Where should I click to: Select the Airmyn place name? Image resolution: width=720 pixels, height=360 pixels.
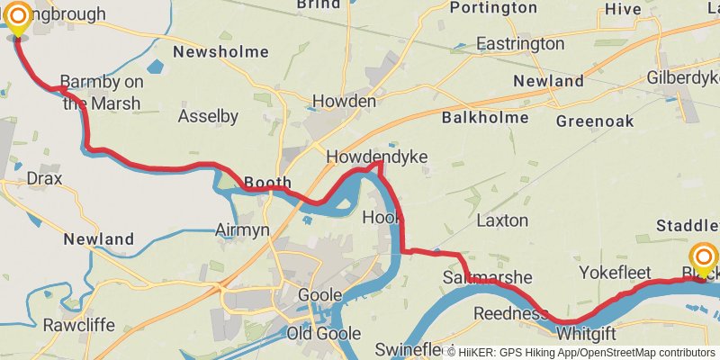pos(242,230)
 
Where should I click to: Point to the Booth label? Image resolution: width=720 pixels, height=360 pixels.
pos(267,182)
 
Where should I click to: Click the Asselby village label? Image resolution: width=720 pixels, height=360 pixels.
pos(208,116)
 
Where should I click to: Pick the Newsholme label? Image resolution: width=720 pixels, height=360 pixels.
pos(220,52)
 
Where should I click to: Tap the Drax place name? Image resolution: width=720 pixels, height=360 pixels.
pos(45,178)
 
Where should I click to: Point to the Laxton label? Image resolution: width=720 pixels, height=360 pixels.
pos(502,220)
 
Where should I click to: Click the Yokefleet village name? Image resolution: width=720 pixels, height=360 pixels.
pos(613,271)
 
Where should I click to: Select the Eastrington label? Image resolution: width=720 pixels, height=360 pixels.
pos(520,43)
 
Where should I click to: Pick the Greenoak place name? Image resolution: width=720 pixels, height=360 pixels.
pos(595,121)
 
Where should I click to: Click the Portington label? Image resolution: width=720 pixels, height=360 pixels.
pos(492,8)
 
